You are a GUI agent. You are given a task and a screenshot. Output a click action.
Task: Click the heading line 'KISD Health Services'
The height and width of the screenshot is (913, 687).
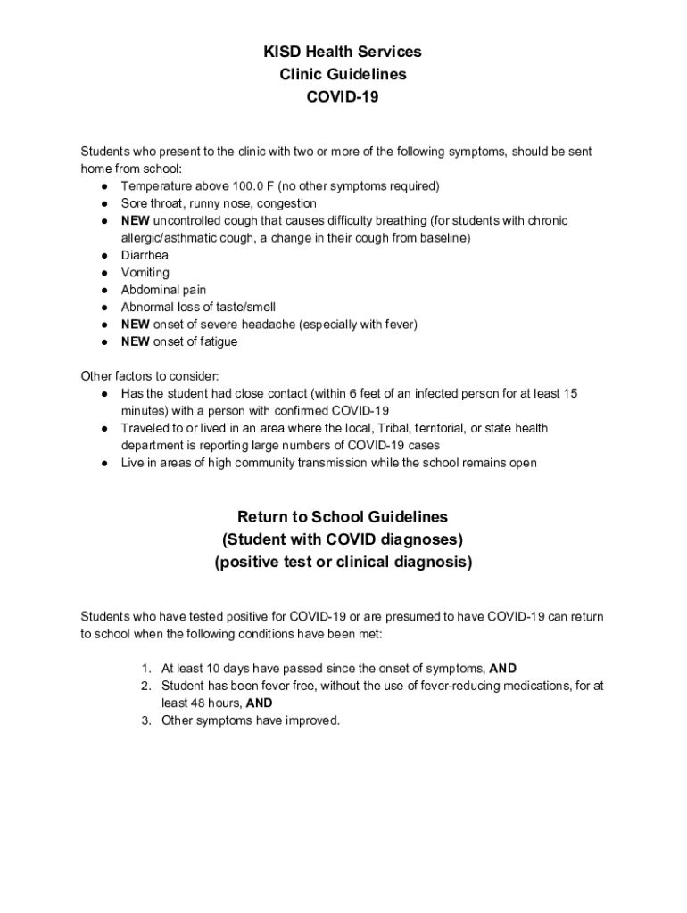tap(343, 53)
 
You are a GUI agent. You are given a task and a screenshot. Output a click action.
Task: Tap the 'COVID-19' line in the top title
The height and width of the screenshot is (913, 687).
tap(343, 98)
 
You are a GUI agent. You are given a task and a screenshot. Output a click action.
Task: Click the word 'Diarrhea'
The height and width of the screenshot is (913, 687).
tap(145, 255)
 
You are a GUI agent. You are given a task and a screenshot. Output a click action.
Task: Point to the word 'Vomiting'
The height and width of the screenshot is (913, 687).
tap(145, 273)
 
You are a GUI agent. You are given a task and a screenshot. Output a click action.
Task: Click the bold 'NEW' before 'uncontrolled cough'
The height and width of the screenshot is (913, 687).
tap(136, 220)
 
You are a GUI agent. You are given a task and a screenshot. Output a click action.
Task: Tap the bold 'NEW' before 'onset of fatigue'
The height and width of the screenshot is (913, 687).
tap(136, 341)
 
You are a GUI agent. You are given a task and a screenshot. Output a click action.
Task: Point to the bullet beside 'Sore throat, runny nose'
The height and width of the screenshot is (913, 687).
tap(105, 203)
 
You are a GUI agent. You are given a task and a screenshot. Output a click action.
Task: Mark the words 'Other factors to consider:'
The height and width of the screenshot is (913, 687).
tap(144, 375)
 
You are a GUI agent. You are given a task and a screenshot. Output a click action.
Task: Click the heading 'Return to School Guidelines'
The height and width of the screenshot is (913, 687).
tap(343, 517)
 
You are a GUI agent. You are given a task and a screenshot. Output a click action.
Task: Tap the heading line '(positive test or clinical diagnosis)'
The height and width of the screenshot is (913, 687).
tap(343, 563)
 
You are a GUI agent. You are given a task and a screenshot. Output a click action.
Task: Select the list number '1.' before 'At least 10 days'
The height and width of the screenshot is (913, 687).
tap(145, 669)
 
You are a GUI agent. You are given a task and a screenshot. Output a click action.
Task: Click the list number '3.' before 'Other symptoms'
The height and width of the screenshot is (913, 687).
tap(145, 720)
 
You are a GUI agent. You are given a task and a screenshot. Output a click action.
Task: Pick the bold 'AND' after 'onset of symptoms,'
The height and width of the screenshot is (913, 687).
tap(503, 669)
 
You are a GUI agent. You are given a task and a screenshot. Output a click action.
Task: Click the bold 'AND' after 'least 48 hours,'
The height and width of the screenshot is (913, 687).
tap(259, 703)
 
